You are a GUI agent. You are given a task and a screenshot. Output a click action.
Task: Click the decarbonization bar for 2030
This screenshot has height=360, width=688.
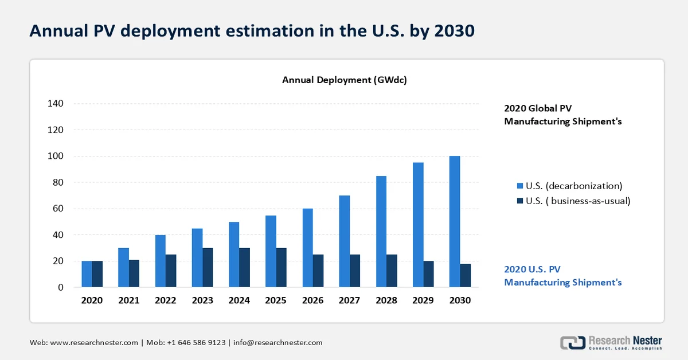point(455,221)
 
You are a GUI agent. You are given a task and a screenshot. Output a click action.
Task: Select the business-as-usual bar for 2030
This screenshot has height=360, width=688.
point(465,275)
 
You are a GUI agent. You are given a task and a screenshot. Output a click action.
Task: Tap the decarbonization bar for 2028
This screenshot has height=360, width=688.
point(381,232)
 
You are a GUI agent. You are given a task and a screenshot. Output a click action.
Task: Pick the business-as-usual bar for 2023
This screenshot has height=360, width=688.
point(208,268)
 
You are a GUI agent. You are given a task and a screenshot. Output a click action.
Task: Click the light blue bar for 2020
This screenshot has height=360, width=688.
point(87,274)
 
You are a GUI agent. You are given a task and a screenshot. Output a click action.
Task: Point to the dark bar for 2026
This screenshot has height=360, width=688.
point(318,271)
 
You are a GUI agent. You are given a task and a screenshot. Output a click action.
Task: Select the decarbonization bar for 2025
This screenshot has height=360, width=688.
point(271,251)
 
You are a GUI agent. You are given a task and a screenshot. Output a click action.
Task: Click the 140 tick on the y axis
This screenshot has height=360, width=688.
point(56,104)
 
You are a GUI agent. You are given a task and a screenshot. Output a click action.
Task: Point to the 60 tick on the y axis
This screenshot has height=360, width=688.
point(58,209)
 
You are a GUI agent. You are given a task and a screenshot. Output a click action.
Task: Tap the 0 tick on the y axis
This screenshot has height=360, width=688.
point(60,287)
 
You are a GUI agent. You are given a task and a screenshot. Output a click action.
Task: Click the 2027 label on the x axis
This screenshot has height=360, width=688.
point(350,300)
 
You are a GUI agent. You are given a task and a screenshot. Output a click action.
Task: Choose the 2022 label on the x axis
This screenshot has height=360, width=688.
point(166,300)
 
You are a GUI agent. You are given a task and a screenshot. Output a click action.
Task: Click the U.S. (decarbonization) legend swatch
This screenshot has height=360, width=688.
point(520,186)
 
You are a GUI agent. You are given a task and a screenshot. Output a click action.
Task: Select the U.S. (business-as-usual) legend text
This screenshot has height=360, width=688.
point(578,201)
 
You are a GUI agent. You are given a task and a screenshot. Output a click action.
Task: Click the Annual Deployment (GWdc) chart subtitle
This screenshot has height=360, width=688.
point(344,80)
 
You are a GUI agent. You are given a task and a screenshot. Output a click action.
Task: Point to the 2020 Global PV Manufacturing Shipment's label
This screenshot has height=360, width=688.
point(562,115)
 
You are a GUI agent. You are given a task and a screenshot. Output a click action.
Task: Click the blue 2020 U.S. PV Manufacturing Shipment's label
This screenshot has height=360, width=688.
point(562,275)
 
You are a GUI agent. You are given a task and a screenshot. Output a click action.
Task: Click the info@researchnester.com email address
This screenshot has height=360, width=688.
point(277,342)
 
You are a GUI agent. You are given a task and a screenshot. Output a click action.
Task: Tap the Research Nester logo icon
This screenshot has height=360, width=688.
point(572,342)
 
